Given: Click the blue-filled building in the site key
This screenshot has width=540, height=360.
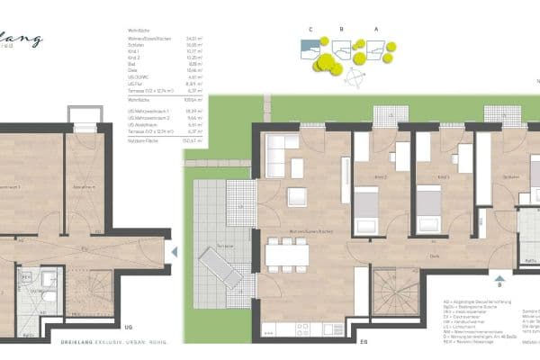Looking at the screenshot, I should (310, 45).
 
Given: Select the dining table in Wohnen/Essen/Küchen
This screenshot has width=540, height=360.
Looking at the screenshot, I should (286, 255).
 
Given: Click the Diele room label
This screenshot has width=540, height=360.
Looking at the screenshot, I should (433, 256).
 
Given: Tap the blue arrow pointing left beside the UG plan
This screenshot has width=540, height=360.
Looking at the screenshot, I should (175, 252).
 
